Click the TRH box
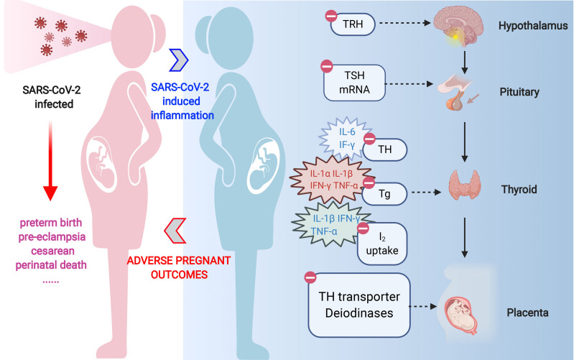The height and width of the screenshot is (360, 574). (x=353, y=24)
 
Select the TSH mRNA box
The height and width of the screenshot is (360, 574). (x=354, y=83)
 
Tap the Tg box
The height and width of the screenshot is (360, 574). (x=384, y=194)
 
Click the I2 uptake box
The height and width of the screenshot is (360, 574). (x=382, y=244)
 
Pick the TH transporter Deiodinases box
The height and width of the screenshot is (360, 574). (x=359, y=305)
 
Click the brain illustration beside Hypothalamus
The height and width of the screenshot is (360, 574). (x=458, y=27)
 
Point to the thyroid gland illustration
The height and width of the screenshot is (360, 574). (x=465, y=185)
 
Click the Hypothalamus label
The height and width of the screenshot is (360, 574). (x=533, y=26)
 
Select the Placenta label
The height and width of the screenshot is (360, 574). (x=527, y=313)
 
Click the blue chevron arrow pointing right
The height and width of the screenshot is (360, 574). (x=179, y=60)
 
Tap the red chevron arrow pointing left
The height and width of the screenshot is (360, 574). (x=175, y=231)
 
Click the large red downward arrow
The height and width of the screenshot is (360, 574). (x=50, y=160)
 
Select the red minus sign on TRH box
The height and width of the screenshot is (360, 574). (x=331, y=16)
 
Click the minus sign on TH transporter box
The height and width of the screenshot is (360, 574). (x=310, y=277)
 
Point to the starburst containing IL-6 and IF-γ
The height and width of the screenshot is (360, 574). (x=346, y=139)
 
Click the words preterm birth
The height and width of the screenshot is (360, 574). (x=51, y=223)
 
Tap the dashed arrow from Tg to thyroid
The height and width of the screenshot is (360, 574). (x=427, y=192)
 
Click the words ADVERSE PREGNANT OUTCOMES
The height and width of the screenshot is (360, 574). (x=179, y=267)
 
